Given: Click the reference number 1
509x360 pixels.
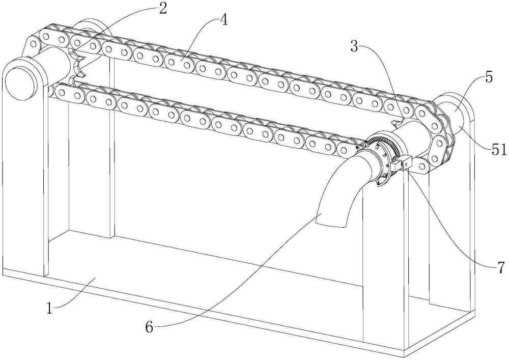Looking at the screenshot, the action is (x=49, y=308).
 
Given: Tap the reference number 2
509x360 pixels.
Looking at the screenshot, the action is (x=162, y=9).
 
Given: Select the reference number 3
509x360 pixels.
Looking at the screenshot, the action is (x=354, y=47).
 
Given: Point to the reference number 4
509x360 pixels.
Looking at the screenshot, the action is (x=223, y=20).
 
